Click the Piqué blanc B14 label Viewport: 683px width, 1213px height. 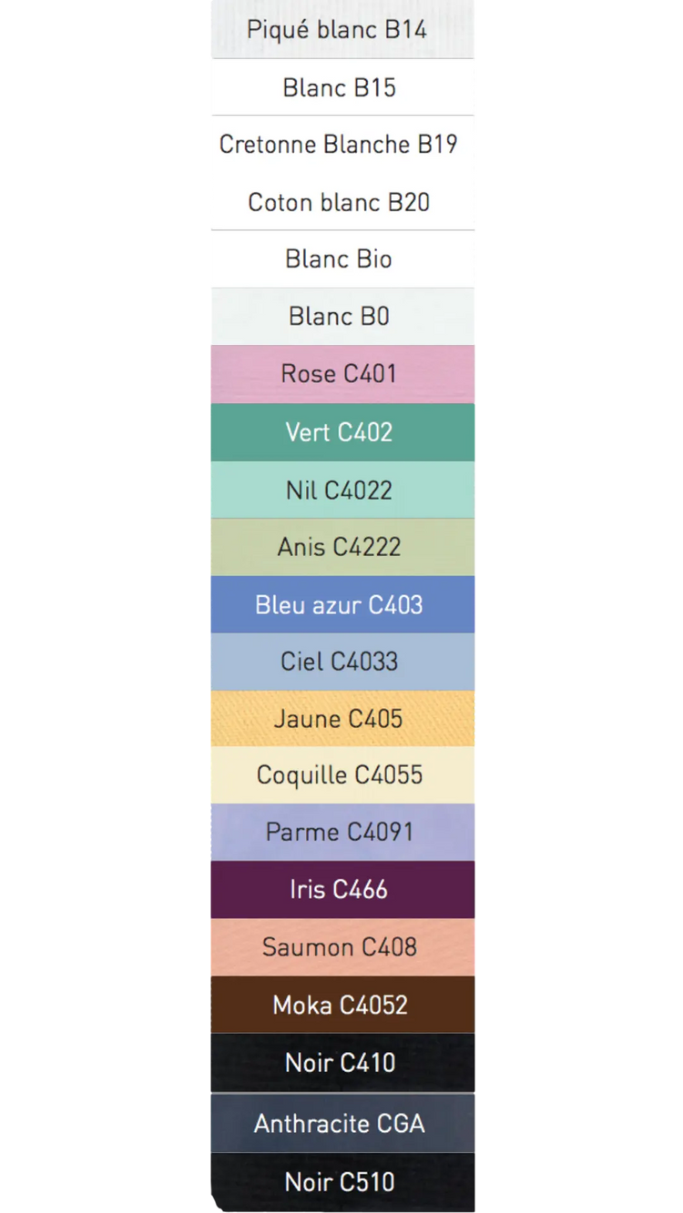click(x=337, y=30)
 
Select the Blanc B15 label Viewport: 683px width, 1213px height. click(x=339, y=88)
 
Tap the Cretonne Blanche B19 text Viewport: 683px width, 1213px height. click(x=338, y=145)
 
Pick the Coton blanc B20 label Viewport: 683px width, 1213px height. click(x=339, y=202)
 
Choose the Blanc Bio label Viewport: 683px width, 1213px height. click(x=339, y=259)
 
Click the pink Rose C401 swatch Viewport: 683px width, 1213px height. click(x=341, y=374)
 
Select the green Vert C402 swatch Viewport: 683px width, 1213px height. click(x=341, y=432)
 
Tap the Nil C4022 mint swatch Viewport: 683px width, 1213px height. click(x=341, y=490)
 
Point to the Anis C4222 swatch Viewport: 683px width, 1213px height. click(x=341, y=547)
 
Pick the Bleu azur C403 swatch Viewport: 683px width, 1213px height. click(x=341, y=605)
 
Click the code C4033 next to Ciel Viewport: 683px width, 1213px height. click(x=364, y=662)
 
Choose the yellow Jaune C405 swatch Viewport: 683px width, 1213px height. click(x=341, y=719)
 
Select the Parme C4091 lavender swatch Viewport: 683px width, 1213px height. click(x=341, y=832)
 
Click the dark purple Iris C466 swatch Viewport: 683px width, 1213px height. click(x=341, y=890)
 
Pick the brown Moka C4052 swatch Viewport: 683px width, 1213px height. click(x=341, y=1006)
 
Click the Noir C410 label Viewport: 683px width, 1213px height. click(x=340, y=1063)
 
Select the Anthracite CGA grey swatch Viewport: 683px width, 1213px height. click(x=341, y=1124)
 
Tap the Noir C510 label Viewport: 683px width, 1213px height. click(x=340, y=1182)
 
